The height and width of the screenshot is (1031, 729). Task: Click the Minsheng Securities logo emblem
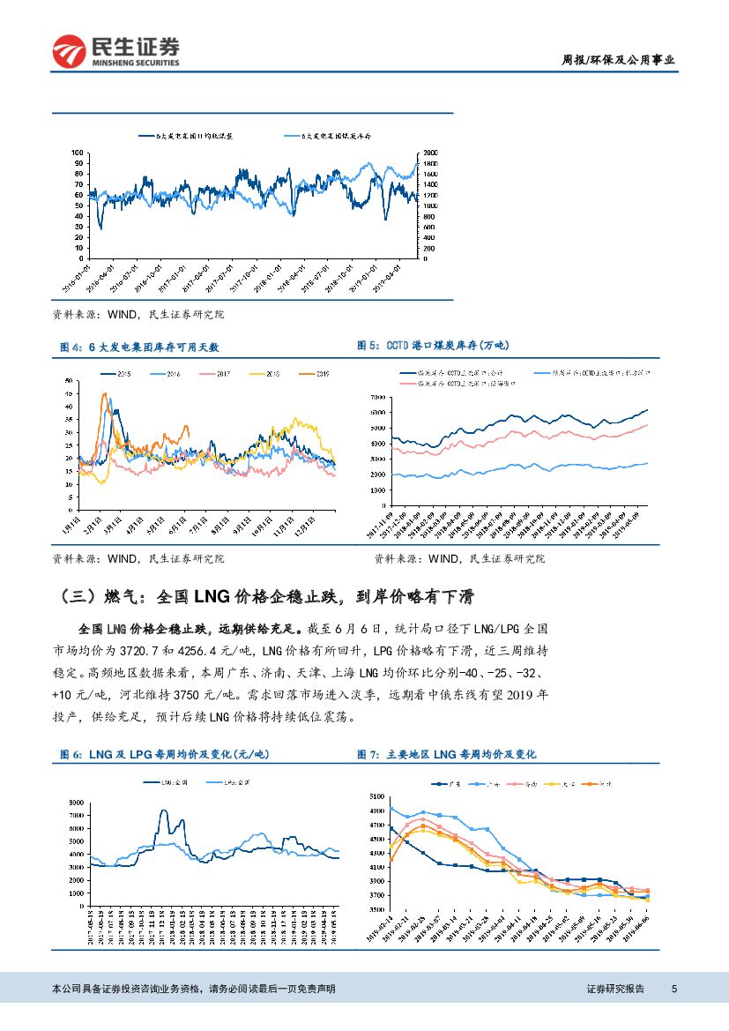(x=70, y=51)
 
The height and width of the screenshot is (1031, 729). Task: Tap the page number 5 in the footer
(x=673, y=989)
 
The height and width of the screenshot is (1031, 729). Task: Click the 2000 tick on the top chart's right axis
(x=432, y=153)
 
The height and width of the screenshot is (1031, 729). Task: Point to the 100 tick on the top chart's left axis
(x=78, y=153)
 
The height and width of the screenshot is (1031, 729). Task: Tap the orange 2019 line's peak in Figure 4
(x=105, y=394)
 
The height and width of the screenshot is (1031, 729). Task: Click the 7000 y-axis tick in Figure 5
(x=376, y=398)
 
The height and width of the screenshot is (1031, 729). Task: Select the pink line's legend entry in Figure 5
(x=450, y=384)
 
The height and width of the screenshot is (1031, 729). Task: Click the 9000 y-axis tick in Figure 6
(x=77, y=802)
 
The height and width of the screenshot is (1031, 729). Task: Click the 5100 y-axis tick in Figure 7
(x=376, y=796)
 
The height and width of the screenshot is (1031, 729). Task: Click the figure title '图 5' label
(x=368, y=346)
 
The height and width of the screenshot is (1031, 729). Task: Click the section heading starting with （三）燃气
(x=264, y=597)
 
